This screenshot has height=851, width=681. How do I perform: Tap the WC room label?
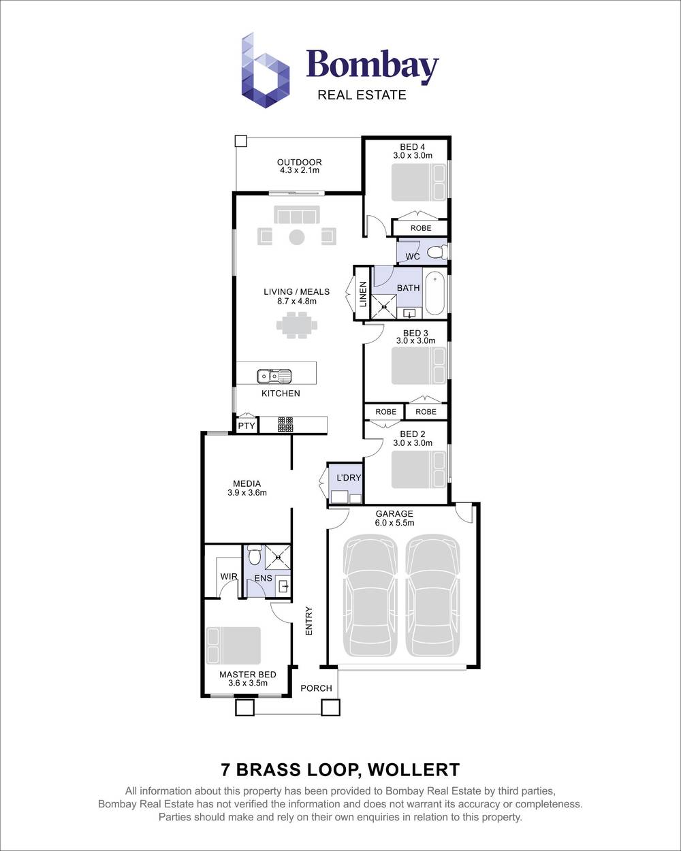[413, 257]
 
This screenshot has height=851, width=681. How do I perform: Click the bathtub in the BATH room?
[434, 293]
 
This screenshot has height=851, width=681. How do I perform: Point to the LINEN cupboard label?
[363, 294]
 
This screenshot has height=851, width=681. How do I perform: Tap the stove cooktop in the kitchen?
[285, 425]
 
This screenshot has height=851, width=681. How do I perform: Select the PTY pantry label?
[246, 426]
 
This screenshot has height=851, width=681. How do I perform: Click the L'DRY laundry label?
[349, 478]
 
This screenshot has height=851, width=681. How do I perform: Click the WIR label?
[229, 577]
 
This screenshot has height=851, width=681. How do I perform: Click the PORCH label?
[316, 688]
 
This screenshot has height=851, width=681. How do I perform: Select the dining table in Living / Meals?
[297, 324]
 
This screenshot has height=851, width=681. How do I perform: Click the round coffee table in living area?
[297, 237]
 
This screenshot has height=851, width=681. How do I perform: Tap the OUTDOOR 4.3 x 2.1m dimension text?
[299, 170]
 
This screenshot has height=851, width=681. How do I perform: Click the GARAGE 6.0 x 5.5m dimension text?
[394, 523]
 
